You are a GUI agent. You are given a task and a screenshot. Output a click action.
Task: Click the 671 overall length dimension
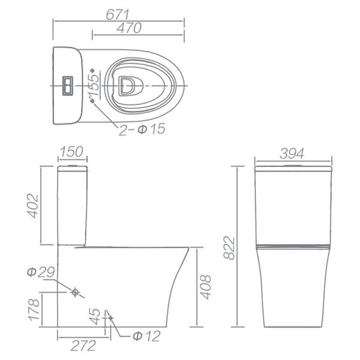tap(119, 11)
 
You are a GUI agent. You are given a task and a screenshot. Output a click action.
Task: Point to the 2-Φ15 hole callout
tap(142, 130)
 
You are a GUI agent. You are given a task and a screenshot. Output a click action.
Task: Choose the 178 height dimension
tap(34, 310)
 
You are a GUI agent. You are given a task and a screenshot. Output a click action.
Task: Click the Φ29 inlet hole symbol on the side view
tap(76, 293)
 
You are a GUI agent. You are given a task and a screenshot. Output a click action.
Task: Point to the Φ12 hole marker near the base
tap(109, 316)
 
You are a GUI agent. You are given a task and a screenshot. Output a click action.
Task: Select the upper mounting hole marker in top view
tap(92, 70)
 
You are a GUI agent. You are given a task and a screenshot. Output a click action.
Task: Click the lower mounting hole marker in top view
tap(92, 101)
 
